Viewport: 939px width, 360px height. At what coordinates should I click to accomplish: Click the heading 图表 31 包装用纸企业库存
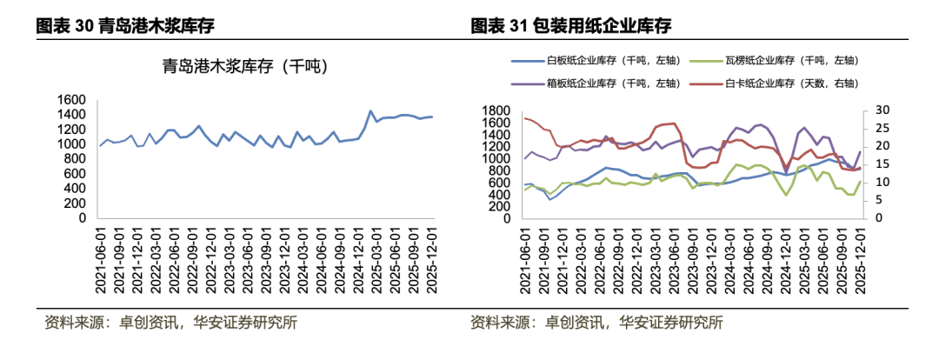pos(571,26)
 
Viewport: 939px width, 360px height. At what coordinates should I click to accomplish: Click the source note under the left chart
pos(170,323)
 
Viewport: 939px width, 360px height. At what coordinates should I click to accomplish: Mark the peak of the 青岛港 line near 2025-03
pos(370,111)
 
